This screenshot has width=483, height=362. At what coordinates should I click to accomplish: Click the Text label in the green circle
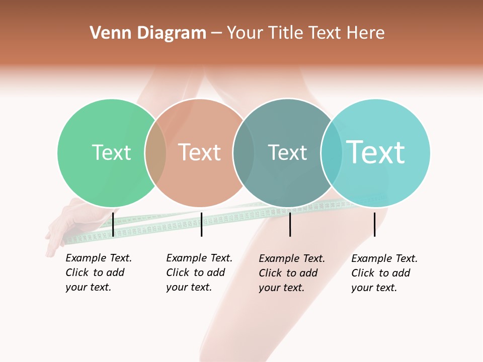[111, 152]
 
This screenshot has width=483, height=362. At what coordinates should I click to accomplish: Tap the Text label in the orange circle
[199, 152]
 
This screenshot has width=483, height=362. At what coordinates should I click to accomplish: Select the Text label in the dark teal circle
[287, 152]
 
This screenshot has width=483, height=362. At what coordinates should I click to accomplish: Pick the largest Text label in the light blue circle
[375, 152]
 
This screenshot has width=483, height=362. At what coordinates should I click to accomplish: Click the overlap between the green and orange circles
[155, 152]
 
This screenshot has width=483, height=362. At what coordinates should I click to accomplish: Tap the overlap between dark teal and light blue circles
[332, 152]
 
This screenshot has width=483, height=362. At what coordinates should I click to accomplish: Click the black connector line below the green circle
[113, 224]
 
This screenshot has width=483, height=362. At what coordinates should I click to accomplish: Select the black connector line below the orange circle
[201, 224]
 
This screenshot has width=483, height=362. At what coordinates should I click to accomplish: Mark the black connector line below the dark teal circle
[290, 224]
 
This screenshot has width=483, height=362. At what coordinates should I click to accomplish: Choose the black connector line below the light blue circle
[374, 224]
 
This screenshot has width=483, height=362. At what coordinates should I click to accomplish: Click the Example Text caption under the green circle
[98, 273]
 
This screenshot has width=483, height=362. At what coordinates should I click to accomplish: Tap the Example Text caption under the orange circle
[199, 273]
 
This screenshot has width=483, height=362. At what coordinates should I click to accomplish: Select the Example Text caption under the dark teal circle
[291, 273]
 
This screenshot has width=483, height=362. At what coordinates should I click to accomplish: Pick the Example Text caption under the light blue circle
[384, 273]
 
